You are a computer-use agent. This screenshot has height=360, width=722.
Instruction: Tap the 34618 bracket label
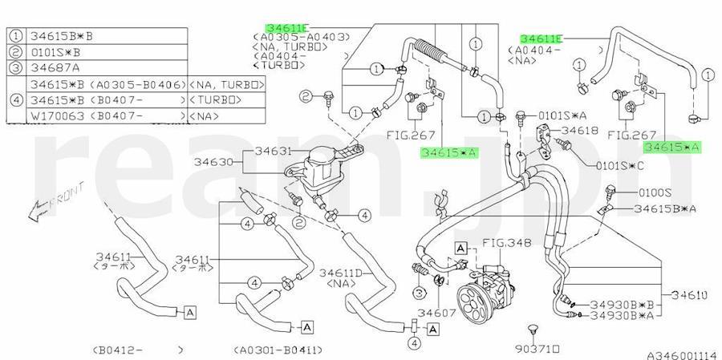tap(578, 129)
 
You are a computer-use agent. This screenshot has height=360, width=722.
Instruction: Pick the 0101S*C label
tap(619, 166)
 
